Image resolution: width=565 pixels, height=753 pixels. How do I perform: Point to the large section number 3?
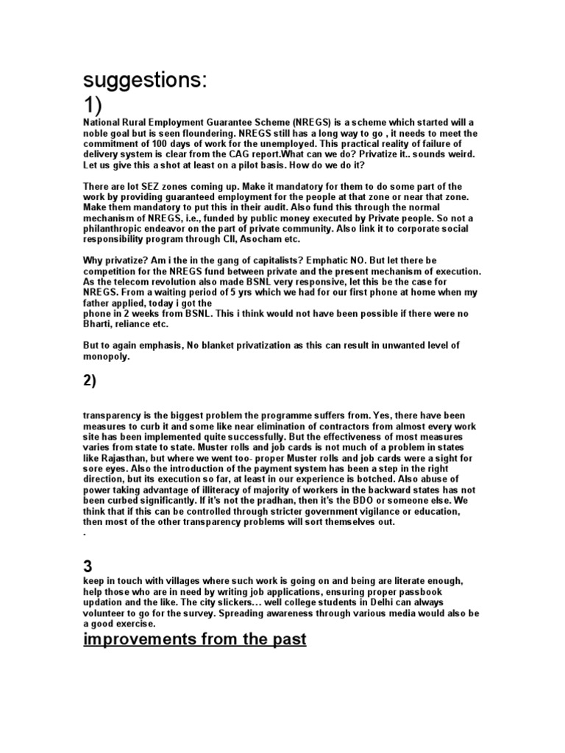click(x=88, y=567)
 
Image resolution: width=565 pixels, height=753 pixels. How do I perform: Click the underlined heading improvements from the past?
click(x=194, y=639)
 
